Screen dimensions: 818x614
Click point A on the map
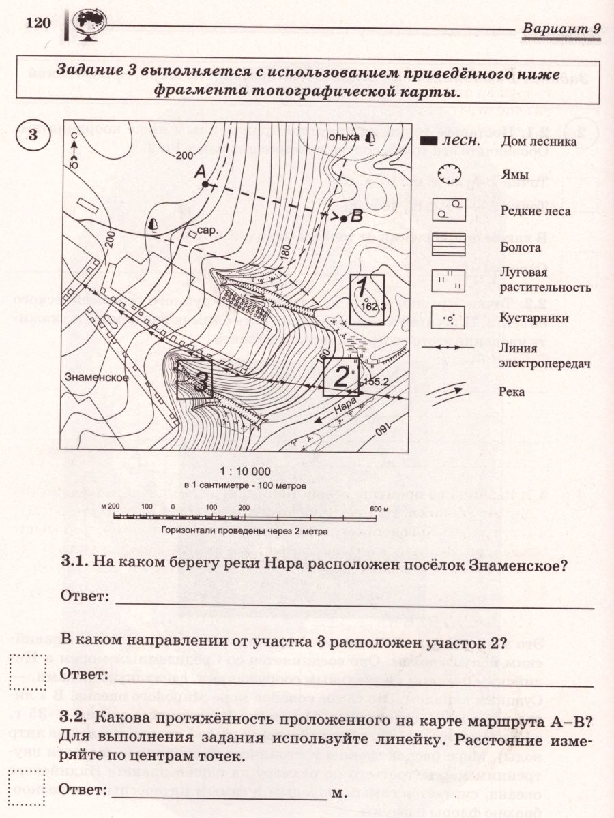(203, 184)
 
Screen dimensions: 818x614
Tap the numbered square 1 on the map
(367, 299)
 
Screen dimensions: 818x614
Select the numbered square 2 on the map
(340, 376)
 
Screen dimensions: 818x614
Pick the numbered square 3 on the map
(194, 380)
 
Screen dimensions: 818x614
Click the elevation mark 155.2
(376, 382)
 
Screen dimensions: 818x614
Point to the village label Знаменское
(92, 376)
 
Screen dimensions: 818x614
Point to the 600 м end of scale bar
(379, 509)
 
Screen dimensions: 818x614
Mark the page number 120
(39, 22)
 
